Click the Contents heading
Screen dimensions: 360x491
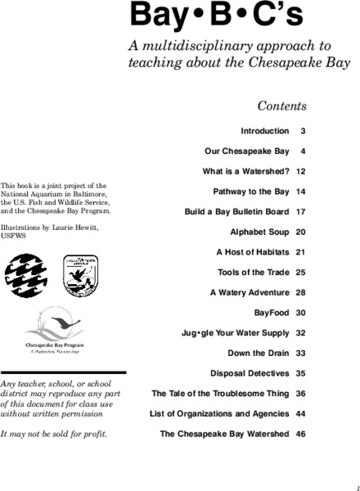point(281,106)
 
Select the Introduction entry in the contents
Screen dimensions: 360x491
point(264,131)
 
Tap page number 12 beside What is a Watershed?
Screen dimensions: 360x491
point(300,172)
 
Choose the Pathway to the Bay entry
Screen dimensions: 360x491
point(250,191)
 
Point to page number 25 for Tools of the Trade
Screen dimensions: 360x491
point(300,272)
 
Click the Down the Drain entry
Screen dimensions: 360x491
point(258,353)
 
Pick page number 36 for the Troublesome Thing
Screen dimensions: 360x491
point(300,394)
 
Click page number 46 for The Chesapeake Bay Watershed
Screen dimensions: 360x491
point(300,434)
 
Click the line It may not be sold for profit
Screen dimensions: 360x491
point(54,432)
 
